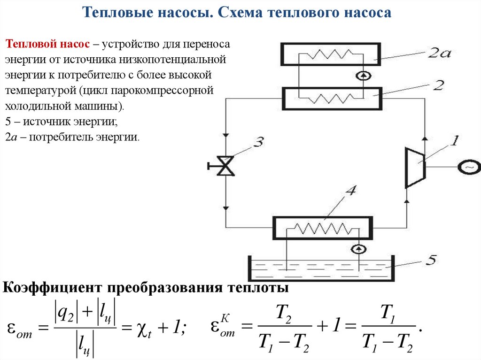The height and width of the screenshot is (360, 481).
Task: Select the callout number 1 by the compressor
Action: coord(455,140)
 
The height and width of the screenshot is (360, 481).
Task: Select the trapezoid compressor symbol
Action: coord(415,167)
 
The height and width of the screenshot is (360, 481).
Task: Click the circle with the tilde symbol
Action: coord(469,167)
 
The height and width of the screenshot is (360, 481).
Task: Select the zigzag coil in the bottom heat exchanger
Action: coord(324,229)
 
